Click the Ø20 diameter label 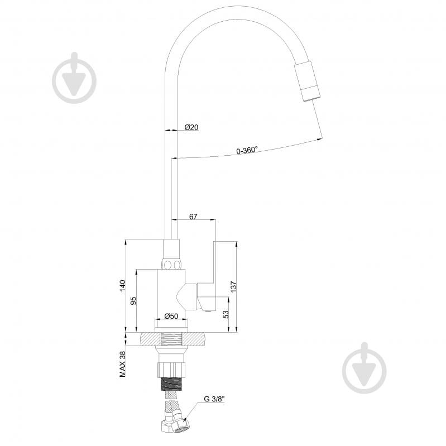(191, 128)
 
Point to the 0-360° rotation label (246, 150)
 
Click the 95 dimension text (133, 301)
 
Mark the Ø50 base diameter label (171, 316)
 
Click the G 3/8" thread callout (214, 399)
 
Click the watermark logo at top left (74, 79)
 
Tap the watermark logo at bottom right (364, 368)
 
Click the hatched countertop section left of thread (148, 339)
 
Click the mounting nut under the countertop (171, 368)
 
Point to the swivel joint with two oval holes (171, 263)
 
